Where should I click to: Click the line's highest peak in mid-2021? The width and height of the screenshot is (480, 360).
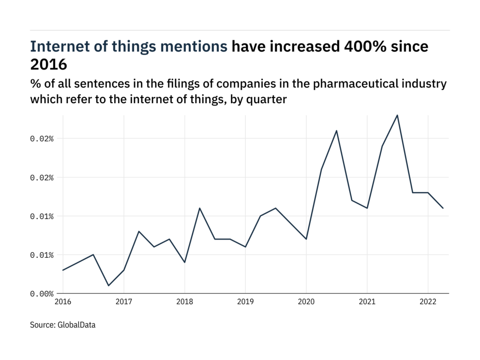pos(397,115)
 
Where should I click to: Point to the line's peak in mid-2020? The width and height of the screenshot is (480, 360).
pos(337,131)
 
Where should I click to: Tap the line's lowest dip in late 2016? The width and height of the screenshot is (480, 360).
pos(108,285)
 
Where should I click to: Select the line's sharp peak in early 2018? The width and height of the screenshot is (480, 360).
pos(200,208)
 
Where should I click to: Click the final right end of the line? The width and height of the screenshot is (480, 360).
pos(443,208)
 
